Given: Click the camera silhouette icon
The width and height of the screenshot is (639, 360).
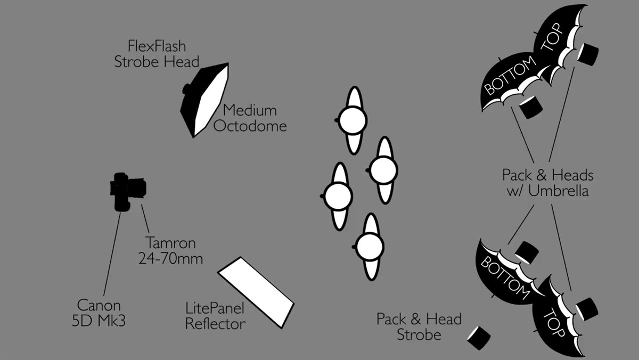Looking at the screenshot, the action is click(127, 192).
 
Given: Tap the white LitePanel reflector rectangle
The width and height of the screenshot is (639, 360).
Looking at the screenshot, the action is click(256, 293).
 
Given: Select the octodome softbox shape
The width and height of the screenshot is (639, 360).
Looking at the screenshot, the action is click(205, 100).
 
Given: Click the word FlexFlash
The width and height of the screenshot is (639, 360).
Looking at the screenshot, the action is click(157, 46).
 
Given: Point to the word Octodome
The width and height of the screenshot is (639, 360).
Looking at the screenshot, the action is click(250, 126).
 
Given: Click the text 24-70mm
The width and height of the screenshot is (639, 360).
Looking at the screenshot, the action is click(170, 259).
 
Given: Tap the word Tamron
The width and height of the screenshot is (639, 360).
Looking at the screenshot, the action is click(171, 243).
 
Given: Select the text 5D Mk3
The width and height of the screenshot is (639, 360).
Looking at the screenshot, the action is click(99, 321).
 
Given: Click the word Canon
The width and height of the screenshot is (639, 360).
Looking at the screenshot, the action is click(99, 305).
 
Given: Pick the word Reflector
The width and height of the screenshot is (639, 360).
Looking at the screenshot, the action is click(215, 324).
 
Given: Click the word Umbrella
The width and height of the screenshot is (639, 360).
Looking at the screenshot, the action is click(559, 191).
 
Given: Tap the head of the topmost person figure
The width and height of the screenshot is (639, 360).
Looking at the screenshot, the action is click(353, 120).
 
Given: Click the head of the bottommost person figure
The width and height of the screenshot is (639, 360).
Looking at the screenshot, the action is click(370, 247).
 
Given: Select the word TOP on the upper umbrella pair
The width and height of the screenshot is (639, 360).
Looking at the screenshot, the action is click(552, 37).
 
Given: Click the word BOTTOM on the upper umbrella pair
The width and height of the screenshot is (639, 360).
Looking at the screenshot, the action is click(510, 75).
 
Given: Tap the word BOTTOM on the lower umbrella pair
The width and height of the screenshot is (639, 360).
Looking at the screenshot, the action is click(505, 277).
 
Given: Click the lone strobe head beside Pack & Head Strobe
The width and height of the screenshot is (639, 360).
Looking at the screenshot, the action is click(479, 338).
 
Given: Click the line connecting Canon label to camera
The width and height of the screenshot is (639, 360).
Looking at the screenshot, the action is click(112, 254).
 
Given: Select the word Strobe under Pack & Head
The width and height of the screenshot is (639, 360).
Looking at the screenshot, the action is click(419, 335).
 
